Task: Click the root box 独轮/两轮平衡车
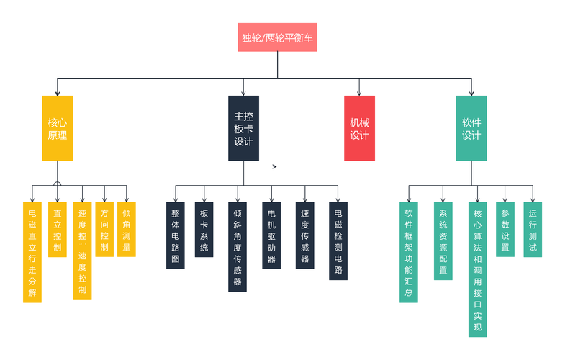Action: (x=277, y=37)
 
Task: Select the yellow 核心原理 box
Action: (x=58, y=128)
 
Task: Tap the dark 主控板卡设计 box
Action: (x=243, y=128)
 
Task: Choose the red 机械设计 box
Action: (x=359, y=128)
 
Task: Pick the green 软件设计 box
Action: (x=471, y=128)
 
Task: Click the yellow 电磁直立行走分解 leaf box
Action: (x=32, y=252)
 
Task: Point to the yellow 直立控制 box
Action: (x=58, y=230)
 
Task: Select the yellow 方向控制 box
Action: (x=104, y=229)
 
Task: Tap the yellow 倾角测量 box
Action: (x=127, y=229)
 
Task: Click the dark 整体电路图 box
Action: (x=176, y=235)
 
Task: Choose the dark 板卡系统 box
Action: (x=204, y=230)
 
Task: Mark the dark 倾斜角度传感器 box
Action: (x=238, y=247)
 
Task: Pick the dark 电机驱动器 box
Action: (x=271, y=235)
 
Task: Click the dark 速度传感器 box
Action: (x=305, y=235)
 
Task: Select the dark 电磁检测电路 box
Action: (x=338, y=240)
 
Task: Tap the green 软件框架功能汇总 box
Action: (x=409, y=252)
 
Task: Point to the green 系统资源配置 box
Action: (x=443, y=240)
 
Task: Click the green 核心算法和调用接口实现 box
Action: (x=477, y=269)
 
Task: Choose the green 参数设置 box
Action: (x=505, y=229)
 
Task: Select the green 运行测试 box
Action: (x=533, y=230)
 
